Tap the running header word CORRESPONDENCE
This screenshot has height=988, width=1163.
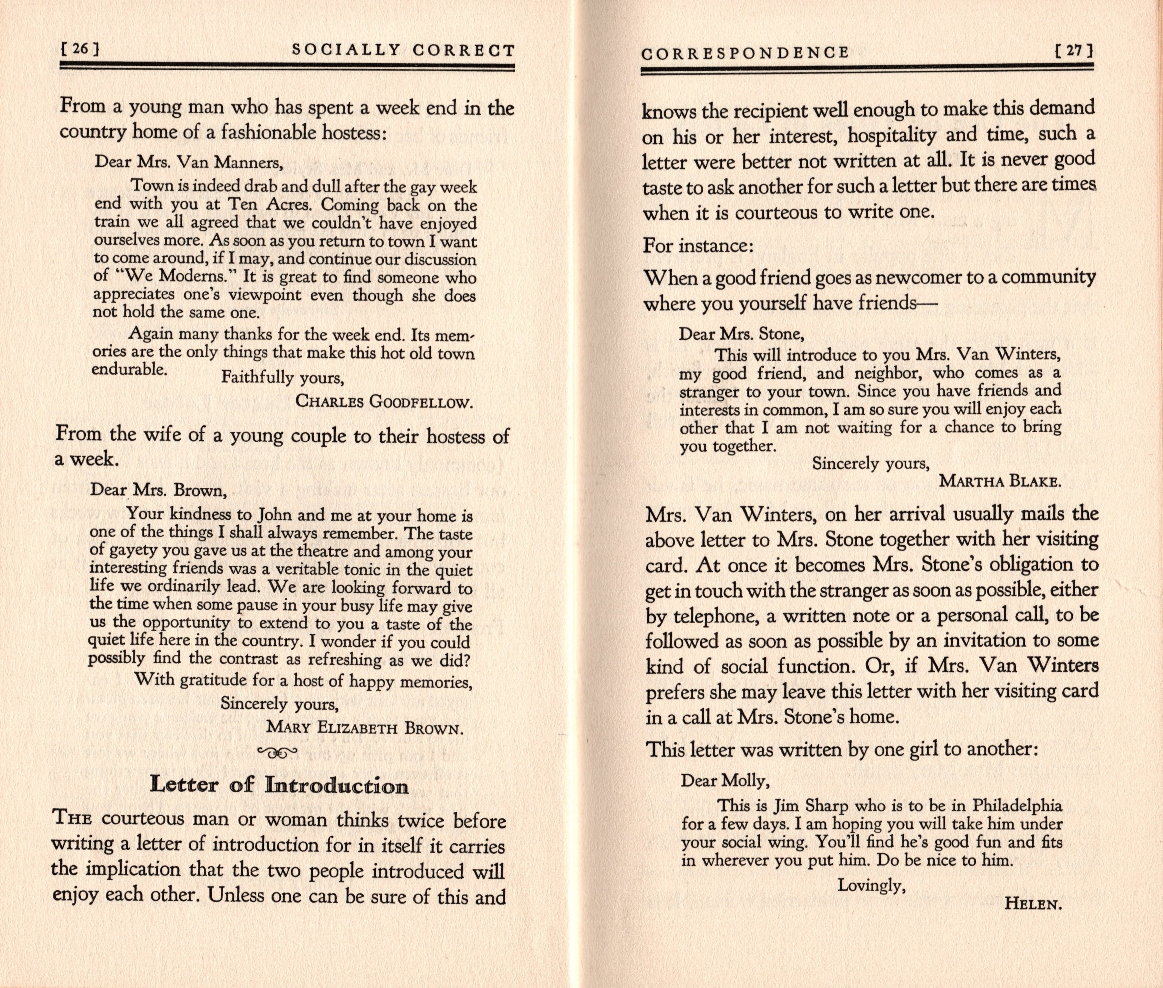click(x=745, y=53)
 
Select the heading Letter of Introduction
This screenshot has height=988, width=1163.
click(x=279, y=785)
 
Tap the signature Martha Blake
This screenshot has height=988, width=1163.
click(x=1000, y=481)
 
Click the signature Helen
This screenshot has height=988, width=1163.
click(x=1034, y=919)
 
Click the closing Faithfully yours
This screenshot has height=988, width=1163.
click(x=282, y=378)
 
